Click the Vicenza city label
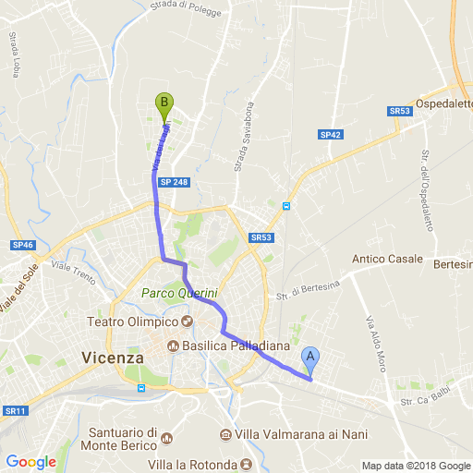113,357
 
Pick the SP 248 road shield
174,182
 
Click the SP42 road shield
331,135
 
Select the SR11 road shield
14,410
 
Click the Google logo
30,462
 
